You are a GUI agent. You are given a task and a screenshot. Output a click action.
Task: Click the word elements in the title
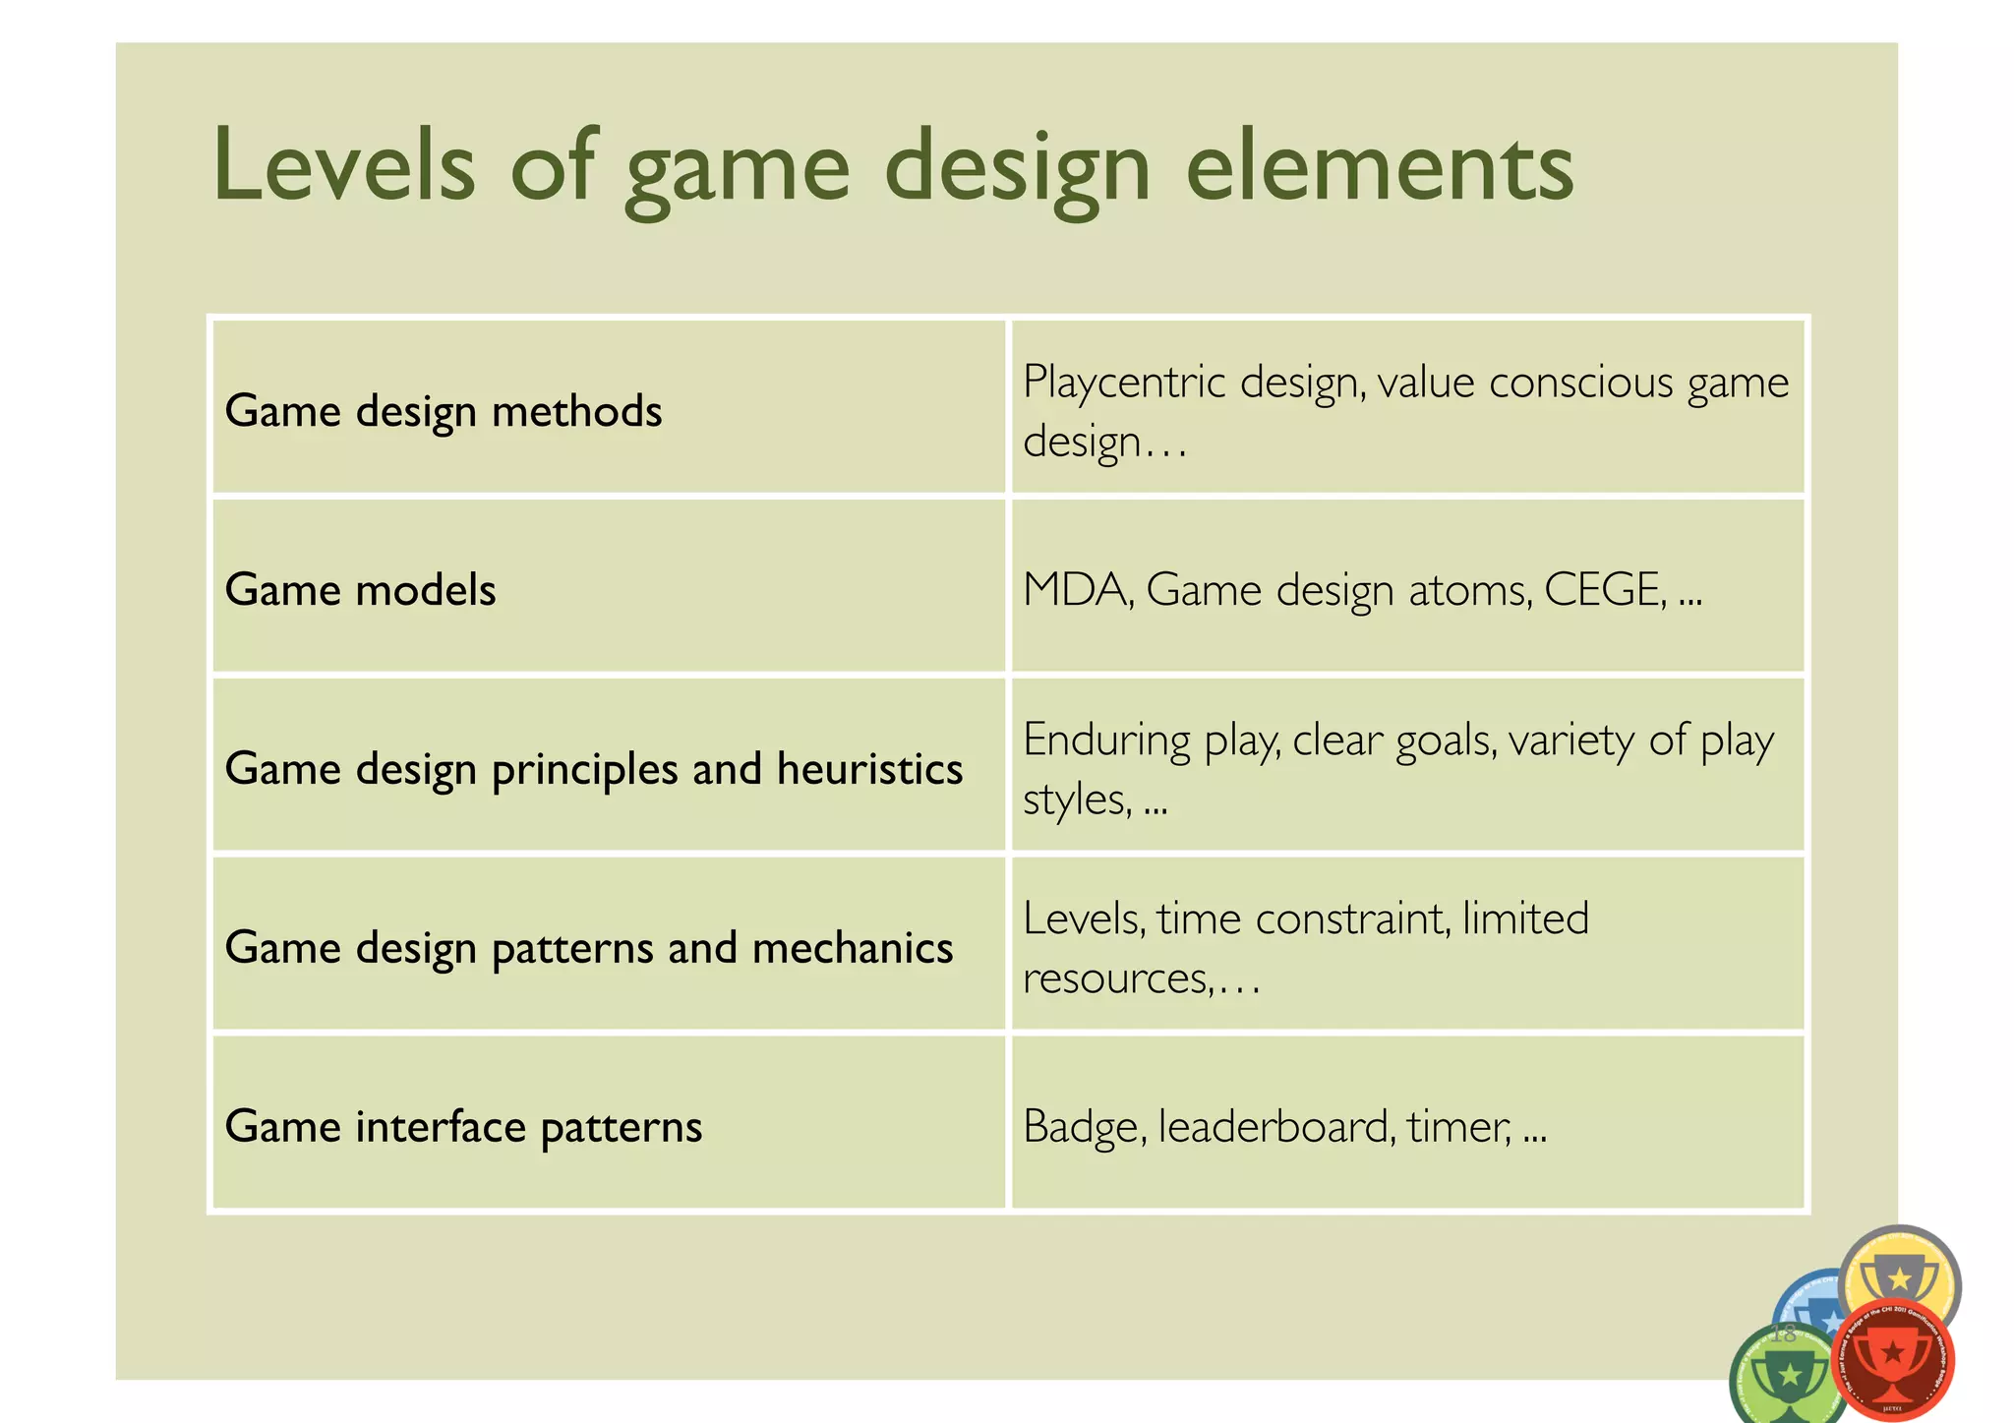[1379, 165]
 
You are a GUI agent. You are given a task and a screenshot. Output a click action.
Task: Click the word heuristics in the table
[869, 768]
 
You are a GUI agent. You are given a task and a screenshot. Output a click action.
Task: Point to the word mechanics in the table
[852, 947]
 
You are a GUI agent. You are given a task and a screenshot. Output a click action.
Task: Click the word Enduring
[1106, 740]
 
